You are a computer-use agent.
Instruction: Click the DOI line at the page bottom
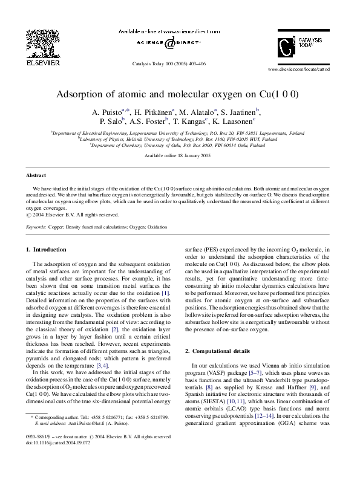54,442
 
